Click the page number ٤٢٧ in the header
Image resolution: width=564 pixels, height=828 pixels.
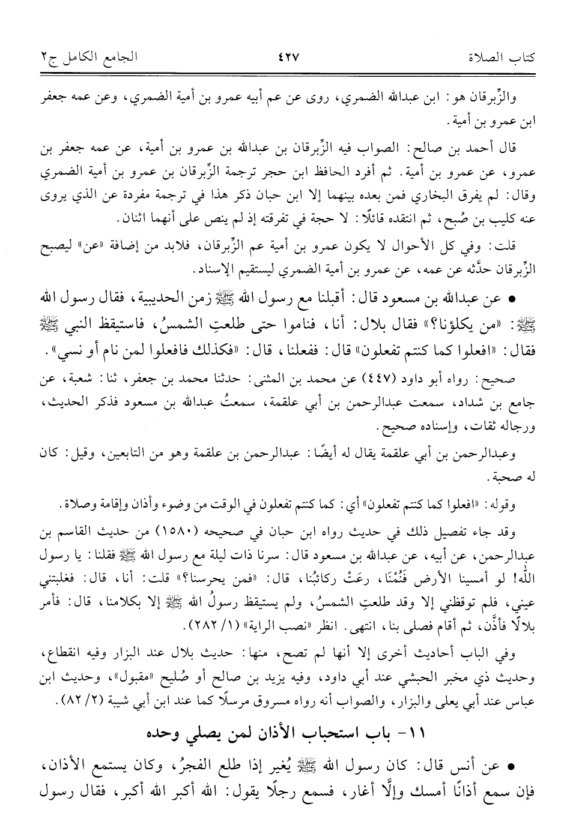pyautogui.click(x=288, y=59)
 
